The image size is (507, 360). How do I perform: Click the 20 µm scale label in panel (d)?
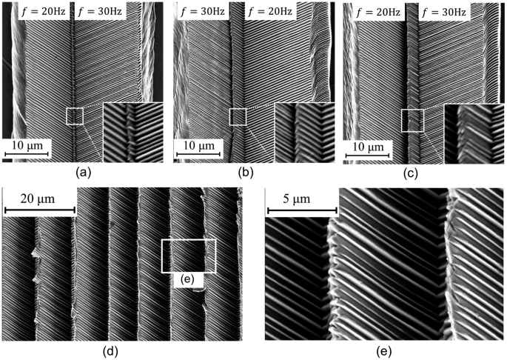(x=40, y=199)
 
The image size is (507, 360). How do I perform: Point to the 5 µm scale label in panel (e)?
(x=292, y=199)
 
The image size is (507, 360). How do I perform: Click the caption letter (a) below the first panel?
(x=83, y=173)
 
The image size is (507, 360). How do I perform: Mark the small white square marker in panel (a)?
(x=75, y=116)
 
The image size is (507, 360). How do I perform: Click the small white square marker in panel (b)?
(x=238, y=116)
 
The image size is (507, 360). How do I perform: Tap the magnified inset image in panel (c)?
(x=472, y=133)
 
